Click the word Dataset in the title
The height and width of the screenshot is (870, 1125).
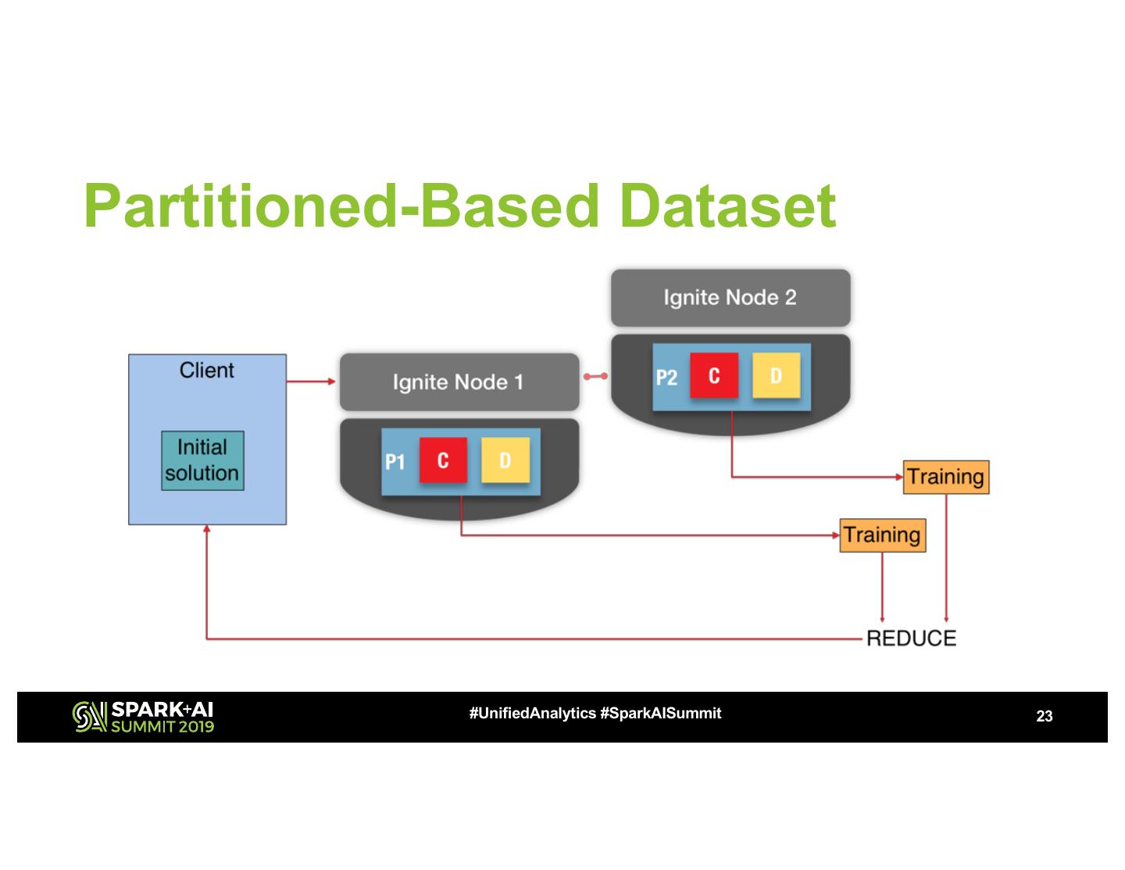click(x=727, y=206)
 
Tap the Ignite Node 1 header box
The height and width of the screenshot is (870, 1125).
click(x=459, y=382)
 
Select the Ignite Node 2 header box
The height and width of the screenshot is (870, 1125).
click(x=730, y=298)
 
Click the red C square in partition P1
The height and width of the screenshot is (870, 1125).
click(x=443, y=460)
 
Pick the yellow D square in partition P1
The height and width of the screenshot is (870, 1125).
click(x=505, y=460)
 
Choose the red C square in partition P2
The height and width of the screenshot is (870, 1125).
click(x=714, y=375)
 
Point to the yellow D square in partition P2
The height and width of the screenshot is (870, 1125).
click(x=776, y=375)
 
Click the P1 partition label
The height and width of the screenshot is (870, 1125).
click(x=395, y=462)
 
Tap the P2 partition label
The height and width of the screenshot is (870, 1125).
click(x=666, y=378)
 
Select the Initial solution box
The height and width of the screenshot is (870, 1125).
click(x=202, y=460)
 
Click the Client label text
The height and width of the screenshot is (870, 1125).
click(x=206, y=371)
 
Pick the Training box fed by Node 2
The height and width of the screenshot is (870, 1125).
click(x=946, y=477)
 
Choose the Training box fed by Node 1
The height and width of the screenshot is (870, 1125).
click(x=883, y=535)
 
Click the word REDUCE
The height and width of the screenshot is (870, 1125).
click(x=911, y=639)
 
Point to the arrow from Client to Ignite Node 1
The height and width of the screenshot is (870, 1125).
click(x=311, y=381)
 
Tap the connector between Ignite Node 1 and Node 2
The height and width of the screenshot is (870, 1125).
click(x=595, y=377)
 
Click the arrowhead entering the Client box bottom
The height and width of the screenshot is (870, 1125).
click(x=206, y=528)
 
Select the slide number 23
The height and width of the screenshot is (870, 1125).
click(x=1045, y=716)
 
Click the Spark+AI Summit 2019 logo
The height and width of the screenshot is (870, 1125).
click(x=143, y=718)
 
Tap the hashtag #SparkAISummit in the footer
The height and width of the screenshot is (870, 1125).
click(x=661, y=714)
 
